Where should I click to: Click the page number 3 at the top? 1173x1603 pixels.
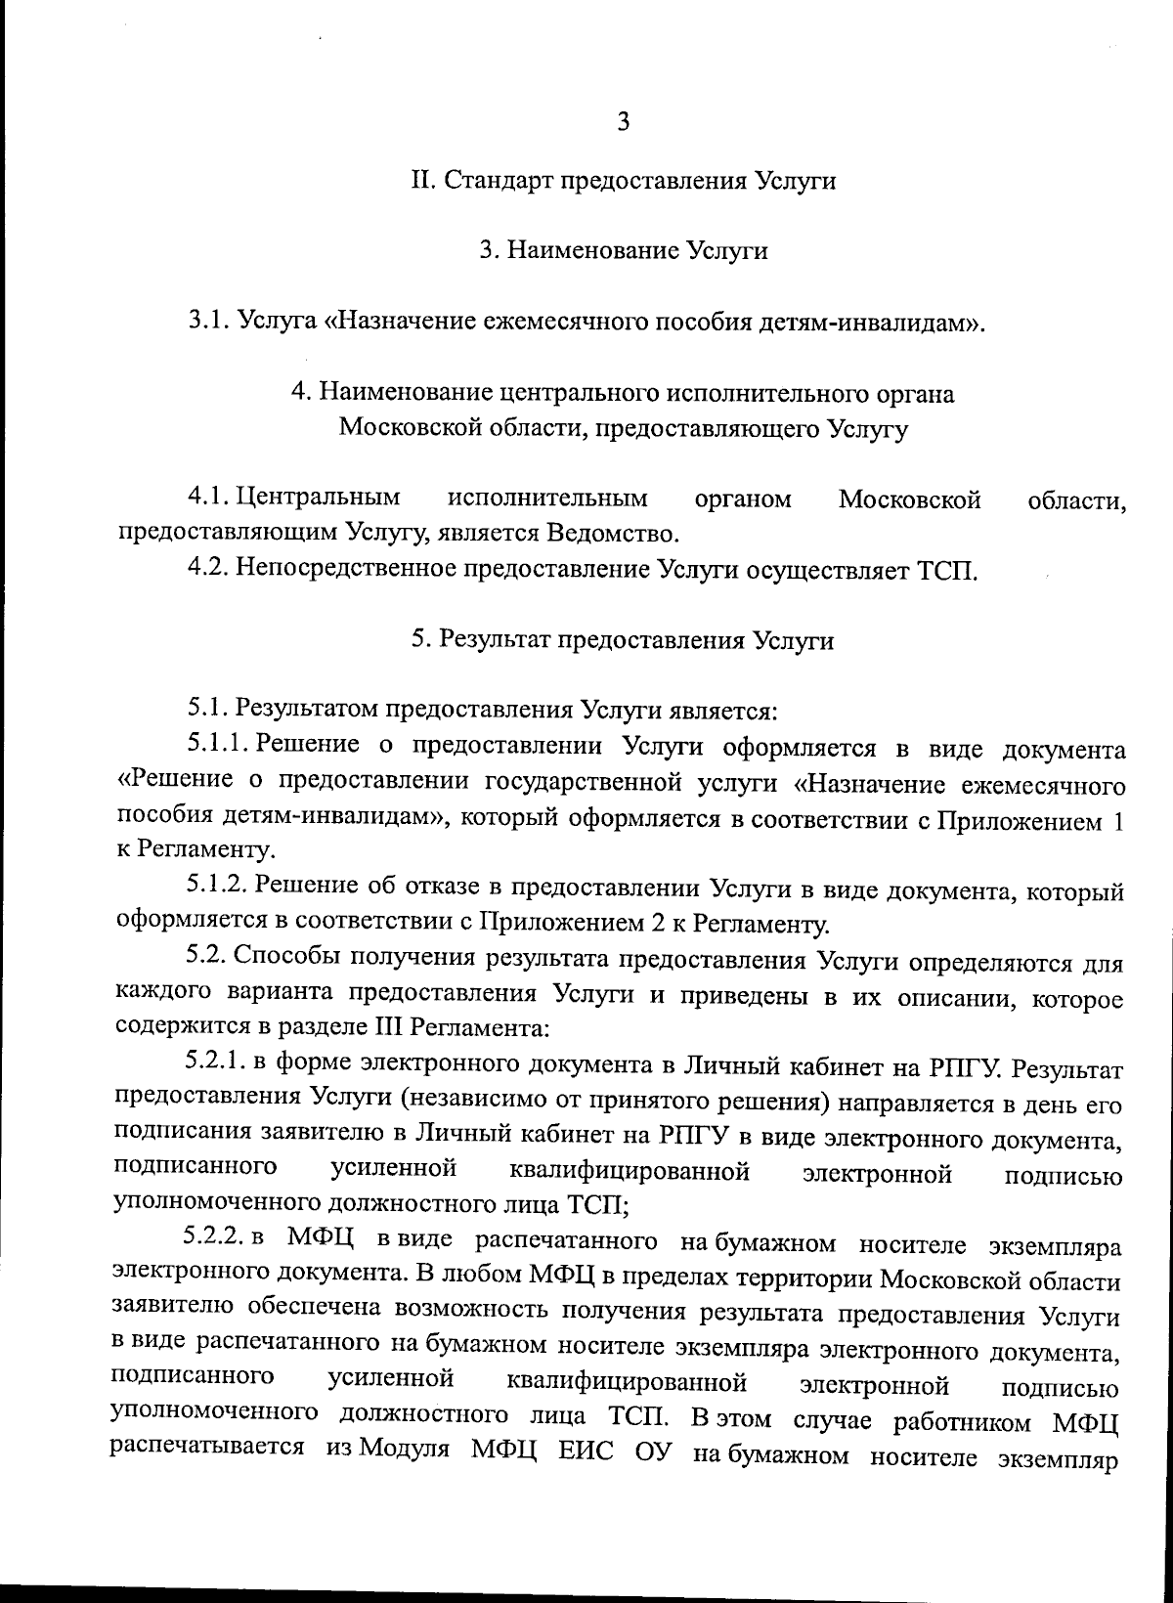623,123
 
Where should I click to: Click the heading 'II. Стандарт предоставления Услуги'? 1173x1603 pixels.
622,181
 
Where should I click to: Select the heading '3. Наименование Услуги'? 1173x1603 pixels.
623,251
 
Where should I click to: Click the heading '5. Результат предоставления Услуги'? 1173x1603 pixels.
623,640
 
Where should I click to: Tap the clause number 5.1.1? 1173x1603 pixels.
219,748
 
